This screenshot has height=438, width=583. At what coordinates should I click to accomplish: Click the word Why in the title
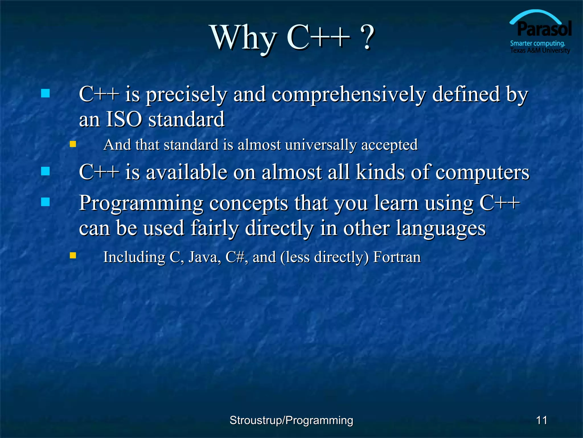pos(243,38)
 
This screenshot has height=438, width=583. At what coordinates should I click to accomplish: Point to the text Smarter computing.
pos(537,43)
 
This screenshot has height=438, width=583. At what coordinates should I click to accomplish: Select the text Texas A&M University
pos(540,50)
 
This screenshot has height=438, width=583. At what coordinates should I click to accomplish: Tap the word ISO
pos(124,119)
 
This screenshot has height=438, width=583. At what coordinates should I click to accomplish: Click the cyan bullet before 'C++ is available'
pos(45,171)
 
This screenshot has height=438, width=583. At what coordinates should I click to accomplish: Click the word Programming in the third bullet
pos(141,204)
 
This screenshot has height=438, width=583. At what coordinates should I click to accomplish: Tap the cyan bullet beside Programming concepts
pos(45,202)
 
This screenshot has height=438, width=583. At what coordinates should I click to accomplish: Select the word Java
pos(204,257)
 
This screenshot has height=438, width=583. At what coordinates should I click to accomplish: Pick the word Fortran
pos(397,257)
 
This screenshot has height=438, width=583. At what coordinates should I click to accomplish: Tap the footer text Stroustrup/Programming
pos(291,420)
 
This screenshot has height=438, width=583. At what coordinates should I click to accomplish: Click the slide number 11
pos(541,420)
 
